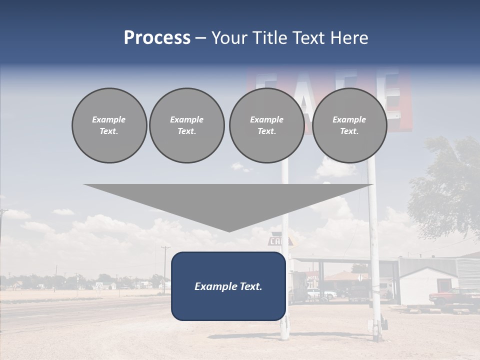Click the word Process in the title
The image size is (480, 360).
tap(157, 38)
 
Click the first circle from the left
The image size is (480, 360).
tap(109, 125)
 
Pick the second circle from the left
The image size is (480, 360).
tap(186, 125)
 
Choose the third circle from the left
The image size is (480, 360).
tap(266, 125)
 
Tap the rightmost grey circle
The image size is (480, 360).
tap(349, 125)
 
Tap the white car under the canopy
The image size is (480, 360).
tap(320, 294)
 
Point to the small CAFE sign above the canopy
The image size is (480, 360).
tap(276, 241)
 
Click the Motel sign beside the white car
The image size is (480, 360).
tap(312, 278)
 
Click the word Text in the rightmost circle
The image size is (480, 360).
tap(349, 131)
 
